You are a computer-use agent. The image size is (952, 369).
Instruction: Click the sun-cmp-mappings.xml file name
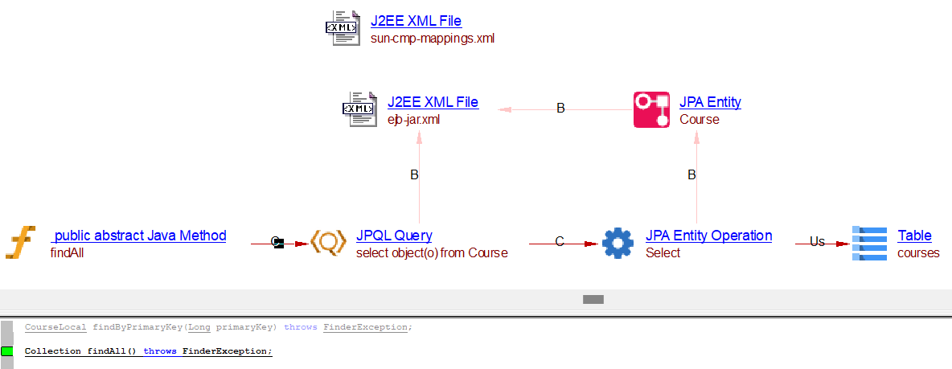point(432,38)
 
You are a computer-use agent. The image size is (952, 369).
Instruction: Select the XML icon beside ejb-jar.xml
point(359,109)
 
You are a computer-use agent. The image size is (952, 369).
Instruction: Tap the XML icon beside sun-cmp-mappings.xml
point(342,28)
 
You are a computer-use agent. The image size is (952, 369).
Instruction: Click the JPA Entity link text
point(710,102)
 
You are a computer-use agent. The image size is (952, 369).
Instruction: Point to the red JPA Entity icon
point(651,109)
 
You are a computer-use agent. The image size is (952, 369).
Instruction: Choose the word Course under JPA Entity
point(700,119)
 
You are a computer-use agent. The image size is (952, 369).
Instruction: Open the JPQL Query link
point(394,236)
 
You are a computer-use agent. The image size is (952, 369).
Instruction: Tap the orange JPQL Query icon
point(328,243)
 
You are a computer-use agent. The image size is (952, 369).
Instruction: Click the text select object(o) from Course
point(432,252)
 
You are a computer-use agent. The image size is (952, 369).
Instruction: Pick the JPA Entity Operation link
point(708,236)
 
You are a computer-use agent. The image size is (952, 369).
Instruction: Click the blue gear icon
point(618,243)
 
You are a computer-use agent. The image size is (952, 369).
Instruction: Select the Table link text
point(914,236)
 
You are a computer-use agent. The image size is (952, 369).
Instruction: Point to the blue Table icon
point(868,243)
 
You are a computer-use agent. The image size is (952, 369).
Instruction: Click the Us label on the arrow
point(817,241)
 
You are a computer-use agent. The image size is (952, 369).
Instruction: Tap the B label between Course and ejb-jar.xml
point(561,109)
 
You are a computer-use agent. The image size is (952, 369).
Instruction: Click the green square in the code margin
point(7,351)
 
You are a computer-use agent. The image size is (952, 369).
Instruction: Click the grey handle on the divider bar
point(593,299)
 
